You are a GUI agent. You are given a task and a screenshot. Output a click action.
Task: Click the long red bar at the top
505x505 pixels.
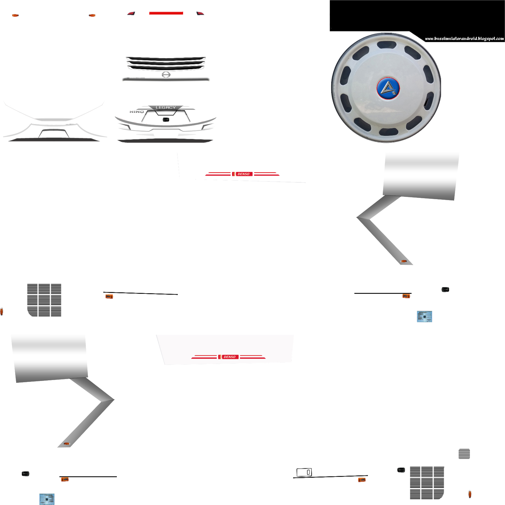click(x=166, y=13)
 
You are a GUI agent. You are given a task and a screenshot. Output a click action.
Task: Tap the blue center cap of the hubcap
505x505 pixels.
click(x=388, y=88)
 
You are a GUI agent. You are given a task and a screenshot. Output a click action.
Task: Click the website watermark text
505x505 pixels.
click(x=464, y=39)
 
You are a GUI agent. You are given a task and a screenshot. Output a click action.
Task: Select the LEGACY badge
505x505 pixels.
click(x=165, y=108)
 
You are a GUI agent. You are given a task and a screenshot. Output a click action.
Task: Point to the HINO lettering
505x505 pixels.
click(x=137, y=112)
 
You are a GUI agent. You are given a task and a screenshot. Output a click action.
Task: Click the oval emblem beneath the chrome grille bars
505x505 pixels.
click(x=166, y=74)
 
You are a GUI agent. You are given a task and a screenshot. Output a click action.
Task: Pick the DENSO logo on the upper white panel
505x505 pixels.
click(x=243, y=174)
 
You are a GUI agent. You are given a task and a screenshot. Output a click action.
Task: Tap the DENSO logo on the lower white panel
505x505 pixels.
click(x=229, y=357)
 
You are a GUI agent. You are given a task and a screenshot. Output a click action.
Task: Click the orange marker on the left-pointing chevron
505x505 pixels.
click(x=404, y=261)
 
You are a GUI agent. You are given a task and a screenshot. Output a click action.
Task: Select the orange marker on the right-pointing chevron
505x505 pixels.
click(x=67, y=444)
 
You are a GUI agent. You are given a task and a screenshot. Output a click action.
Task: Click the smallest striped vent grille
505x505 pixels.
click(x=464, y=454)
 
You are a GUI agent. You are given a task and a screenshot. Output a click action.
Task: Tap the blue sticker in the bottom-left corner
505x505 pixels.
click(x=47, y=499)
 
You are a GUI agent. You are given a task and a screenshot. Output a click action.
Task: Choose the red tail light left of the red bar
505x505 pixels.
click(x=131, y=14)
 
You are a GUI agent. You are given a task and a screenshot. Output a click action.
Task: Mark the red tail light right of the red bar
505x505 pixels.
click(x=200, y=14)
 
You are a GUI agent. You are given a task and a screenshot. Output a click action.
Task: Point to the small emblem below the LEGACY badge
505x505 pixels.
click(x=166, y=120)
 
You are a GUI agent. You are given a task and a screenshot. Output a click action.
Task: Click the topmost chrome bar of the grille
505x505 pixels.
click(x=166, y=58)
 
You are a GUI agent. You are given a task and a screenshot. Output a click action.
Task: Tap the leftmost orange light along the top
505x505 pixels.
click(x=15, y=15)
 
